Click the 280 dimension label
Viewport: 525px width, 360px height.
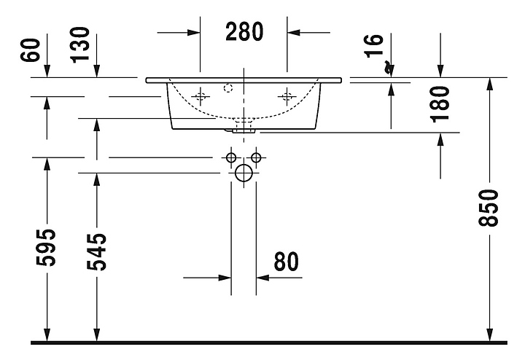244,32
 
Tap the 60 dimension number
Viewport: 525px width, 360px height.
30,50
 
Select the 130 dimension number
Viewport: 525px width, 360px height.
80,45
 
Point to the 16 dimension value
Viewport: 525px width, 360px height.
373,46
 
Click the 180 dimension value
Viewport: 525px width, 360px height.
440,104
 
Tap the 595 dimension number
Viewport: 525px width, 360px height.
46,248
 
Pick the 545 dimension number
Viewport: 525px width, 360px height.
96,252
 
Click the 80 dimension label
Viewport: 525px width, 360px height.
287,262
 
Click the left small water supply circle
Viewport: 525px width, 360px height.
231,157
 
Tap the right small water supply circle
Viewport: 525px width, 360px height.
256,157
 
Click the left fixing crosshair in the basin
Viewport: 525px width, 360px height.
201,97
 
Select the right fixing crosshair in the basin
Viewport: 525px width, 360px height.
287,97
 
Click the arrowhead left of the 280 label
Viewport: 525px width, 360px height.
194,33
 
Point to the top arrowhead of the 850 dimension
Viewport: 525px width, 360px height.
489,84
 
